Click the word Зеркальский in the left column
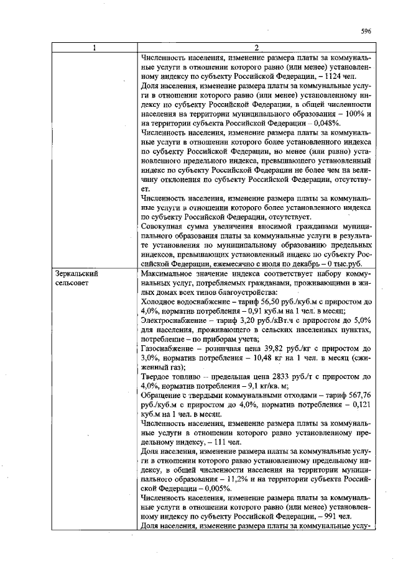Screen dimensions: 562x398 [x=76, y=273]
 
